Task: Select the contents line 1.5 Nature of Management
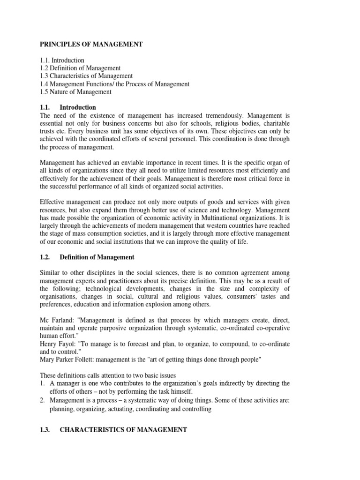pos(75,92)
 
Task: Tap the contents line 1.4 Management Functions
pos(114,84)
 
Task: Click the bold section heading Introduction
pos(78,107)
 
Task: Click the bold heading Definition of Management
pos(97,257)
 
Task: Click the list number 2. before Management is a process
pos(43,401)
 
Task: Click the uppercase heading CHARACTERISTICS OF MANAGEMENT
pos(123,429)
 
